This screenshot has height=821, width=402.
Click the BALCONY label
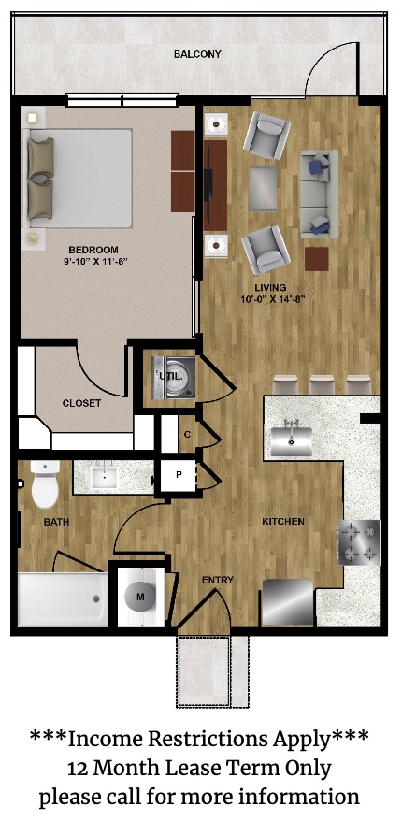197,54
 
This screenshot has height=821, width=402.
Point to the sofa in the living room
320,194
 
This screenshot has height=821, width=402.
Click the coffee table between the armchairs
263,188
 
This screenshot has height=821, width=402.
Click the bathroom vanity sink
107,477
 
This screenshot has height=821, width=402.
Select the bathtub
63,598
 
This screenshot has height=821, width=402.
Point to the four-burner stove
359,542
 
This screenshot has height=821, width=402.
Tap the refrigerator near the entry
287,602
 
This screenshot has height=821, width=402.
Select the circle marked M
139,597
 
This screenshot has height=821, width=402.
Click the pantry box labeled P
179,475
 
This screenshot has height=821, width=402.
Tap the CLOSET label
81,404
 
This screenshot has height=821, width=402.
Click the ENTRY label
218,580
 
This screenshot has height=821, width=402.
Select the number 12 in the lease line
78,769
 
